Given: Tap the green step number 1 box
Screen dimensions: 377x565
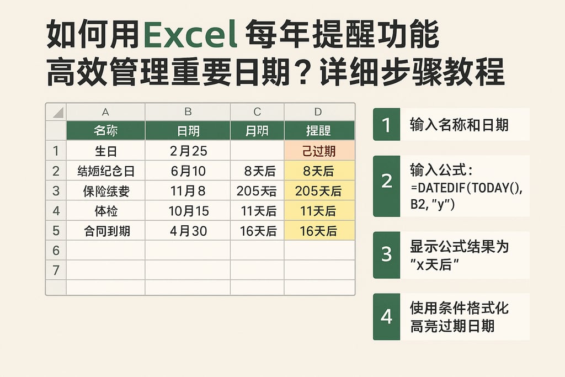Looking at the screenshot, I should [x=386, y=125].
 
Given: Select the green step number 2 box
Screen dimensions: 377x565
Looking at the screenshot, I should [x=386, y=181].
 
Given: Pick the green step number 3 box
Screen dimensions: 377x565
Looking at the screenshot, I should [x=386, y=254].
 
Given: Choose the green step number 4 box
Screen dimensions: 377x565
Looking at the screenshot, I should [x=386, y=317].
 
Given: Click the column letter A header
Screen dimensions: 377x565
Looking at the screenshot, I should [x=105, y=112].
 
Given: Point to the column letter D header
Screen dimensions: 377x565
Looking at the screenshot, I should [x=318, y=112].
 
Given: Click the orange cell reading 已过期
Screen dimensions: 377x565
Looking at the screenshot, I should [x=319, y=151].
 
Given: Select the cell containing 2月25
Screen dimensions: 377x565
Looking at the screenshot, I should [x=188, y=151].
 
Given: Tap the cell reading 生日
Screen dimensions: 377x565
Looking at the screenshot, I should [x=105, y=151].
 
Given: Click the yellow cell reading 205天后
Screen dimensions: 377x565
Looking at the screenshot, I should [x=319, y=191].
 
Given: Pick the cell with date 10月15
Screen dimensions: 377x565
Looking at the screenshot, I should [x=188, y=211].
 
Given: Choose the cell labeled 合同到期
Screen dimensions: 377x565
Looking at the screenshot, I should [x=105, y=231].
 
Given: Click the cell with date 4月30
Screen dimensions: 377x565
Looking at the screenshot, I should [x=188, y=231].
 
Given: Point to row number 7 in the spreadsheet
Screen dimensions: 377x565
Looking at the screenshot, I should [x=55, y=270].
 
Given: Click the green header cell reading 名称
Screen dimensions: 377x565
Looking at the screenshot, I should [x=105, y=131].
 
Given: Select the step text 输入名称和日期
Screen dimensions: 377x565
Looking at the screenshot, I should [x=459, y=125].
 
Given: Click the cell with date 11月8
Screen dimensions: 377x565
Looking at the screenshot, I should [x=188, y=191].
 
